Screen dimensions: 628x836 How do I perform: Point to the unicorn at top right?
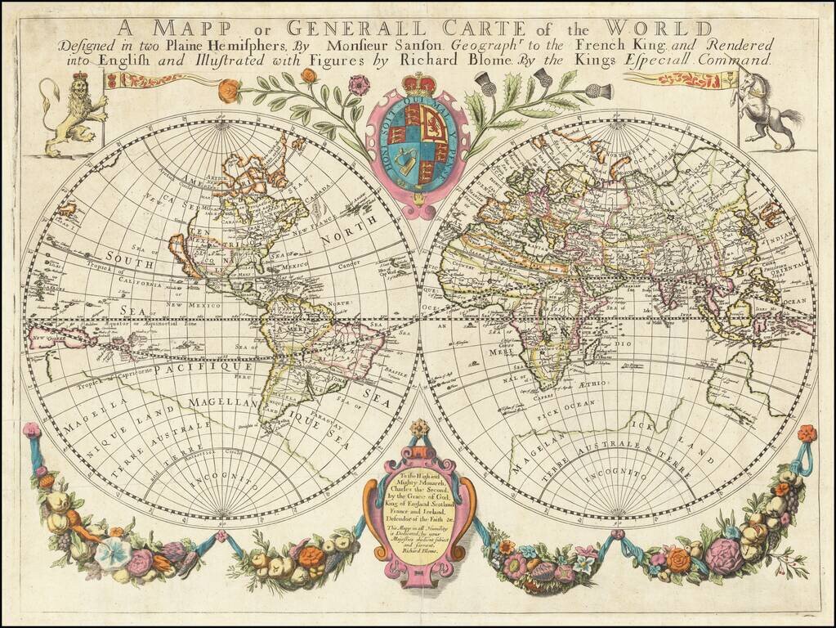(765, 110)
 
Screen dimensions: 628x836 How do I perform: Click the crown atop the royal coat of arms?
(418, 85)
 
